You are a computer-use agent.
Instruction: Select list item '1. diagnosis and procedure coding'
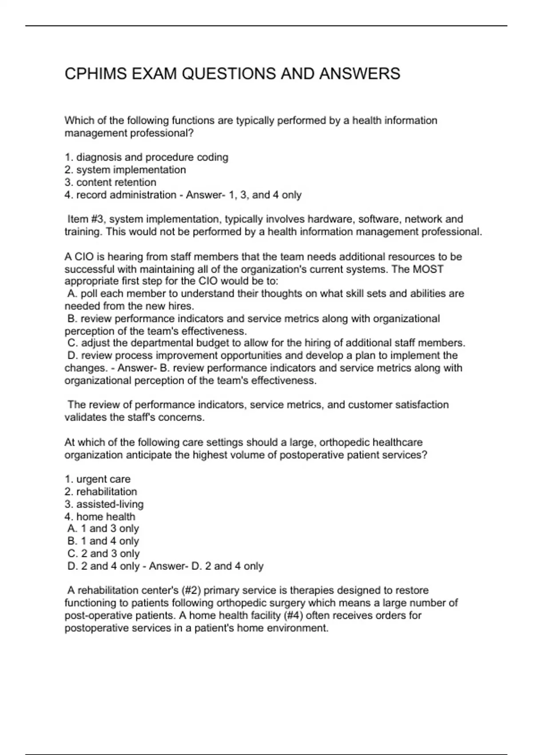click(147, 157)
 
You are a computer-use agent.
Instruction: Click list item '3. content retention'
click(111, 182)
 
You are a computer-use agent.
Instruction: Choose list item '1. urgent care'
click(98, 479)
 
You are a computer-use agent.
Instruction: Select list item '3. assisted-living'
click(104, 504)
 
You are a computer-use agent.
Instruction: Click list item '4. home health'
click(100, 517)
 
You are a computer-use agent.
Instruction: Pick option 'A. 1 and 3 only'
click(103, 528)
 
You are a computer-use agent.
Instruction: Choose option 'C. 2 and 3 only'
click(103, 553)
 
